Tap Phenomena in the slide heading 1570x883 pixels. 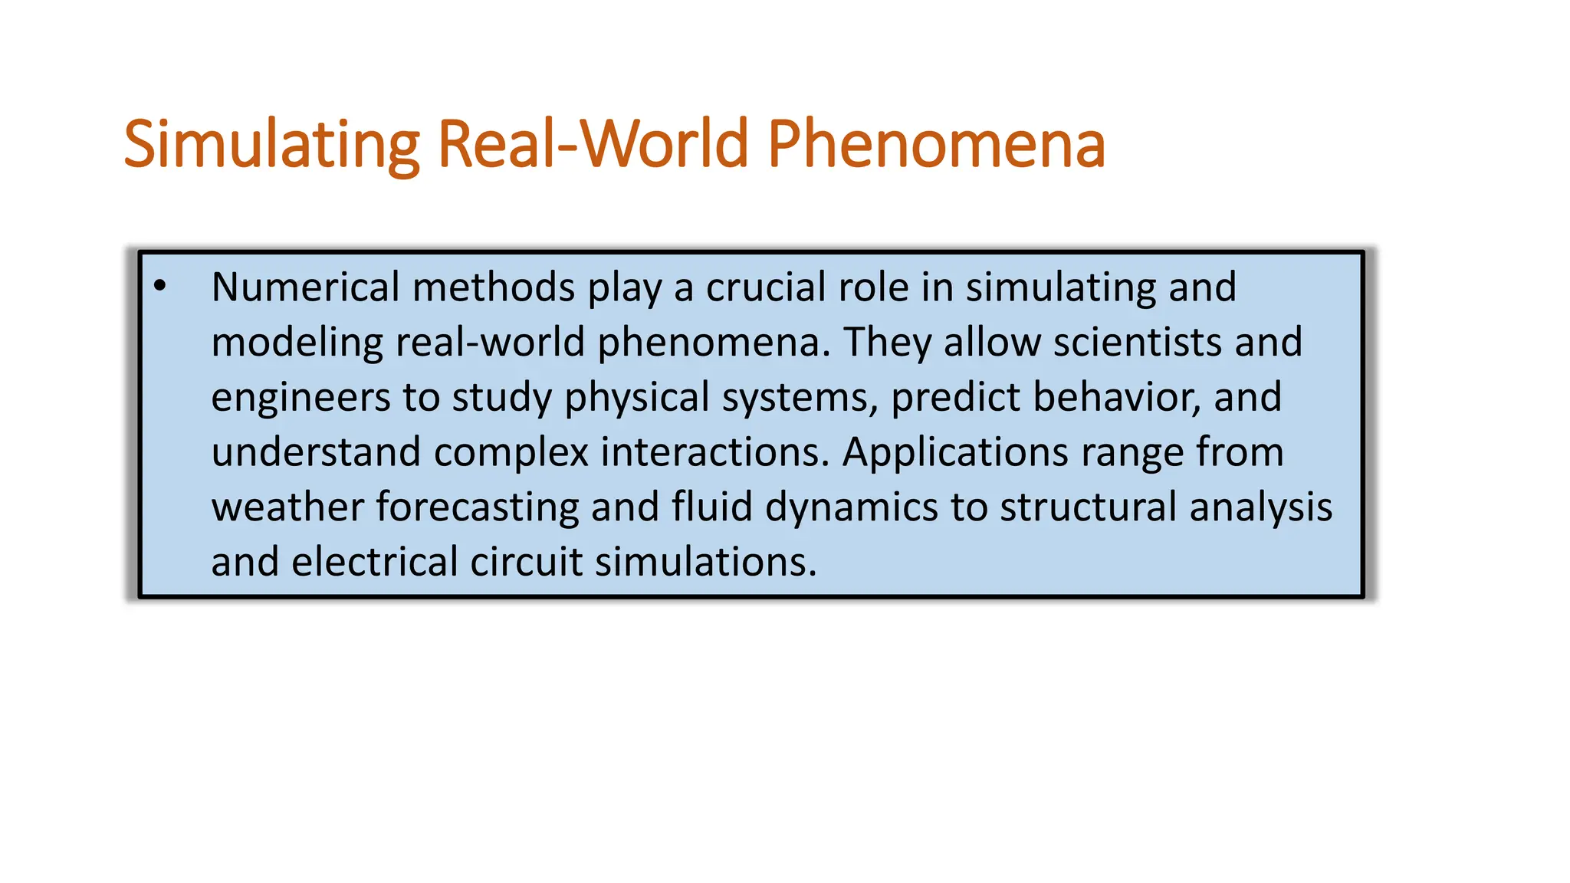(936, 144)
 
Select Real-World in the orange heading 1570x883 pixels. (593, 144)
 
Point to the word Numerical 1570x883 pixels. (305, 287)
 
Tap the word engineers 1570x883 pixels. (301, 398)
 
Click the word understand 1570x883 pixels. (316, 452)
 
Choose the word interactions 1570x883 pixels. (714, 452)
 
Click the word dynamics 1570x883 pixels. (852, 507)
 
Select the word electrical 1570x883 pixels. (375, 562)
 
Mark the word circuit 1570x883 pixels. (526, 562)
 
